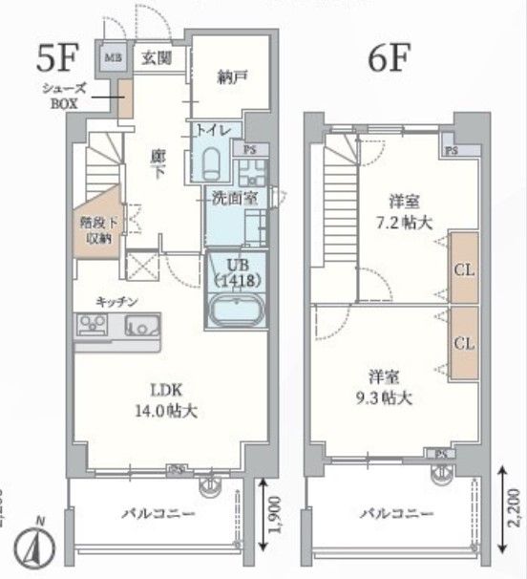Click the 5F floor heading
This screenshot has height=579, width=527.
coord(55,58)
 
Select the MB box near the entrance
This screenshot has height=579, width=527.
coord(112,56)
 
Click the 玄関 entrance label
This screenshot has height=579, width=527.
coord(157,57)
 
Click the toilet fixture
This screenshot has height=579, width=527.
coord(213,160)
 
